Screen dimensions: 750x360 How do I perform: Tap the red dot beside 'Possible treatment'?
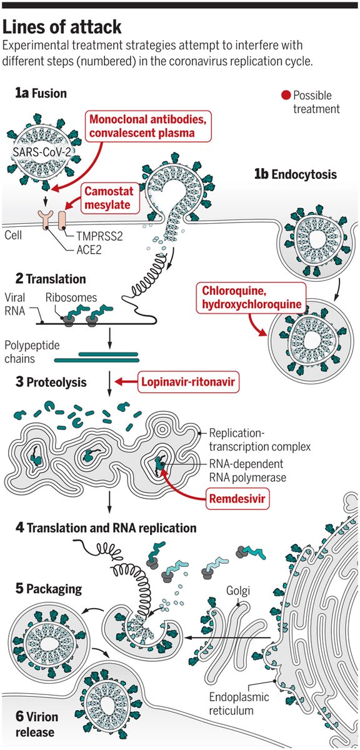point(286,96)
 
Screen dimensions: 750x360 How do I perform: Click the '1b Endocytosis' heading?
point(296,174)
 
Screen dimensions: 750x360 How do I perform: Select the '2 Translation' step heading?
point(50,279)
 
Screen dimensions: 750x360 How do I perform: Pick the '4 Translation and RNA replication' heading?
point(106,528)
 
